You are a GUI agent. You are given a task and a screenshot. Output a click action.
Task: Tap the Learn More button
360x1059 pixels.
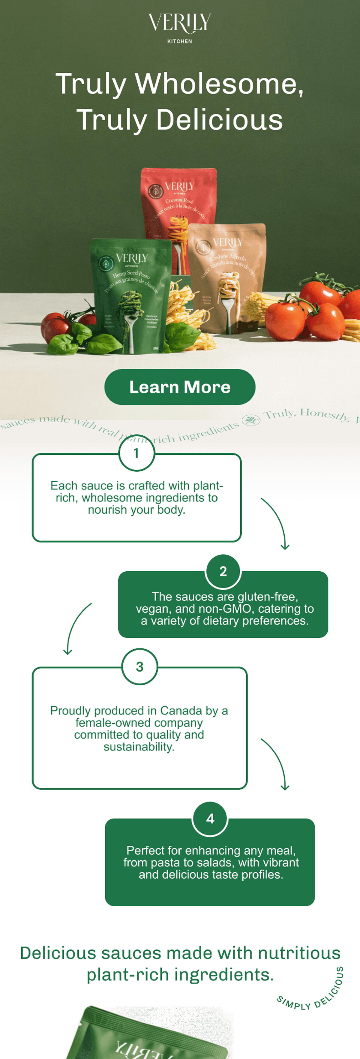pos(180,387)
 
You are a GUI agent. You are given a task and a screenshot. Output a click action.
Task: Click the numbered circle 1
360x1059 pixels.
pos(136,453)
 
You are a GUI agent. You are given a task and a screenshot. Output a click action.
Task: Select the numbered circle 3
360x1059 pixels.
pos(140,666)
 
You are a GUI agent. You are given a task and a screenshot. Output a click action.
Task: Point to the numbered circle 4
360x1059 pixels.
pos(210,819)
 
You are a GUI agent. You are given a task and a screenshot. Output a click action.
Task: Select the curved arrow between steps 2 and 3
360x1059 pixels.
pos(76,628)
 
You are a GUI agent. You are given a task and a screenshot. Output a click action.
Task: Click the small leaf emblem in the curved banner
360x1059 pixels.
pos(250,420)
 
